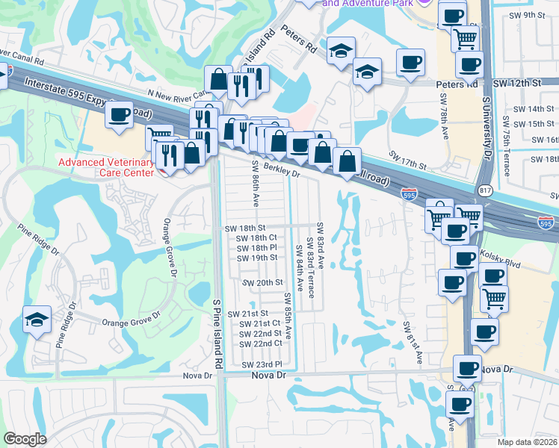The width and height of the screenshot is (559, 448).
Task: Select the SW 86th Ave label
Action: point(255,184)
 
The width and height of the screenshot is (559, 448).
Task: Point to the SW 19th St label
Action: point(257,258)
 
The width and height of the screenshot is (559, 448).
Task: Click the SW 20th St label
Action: point(263,283)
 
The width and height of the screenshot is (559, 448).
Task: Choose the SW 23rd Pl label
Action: point(262,364)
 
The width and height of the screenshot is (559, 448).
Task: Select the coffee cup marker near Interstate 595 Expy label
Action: point(120,115)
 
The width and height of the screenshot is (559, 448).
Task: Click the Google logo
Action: point(25,439)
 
